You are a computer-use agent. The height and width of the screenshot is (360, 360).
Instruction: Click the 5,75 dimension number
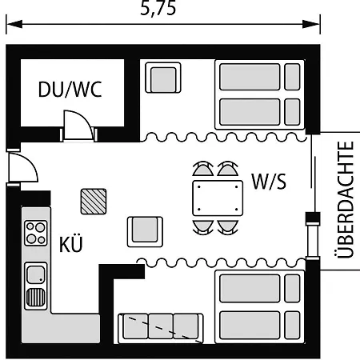158,9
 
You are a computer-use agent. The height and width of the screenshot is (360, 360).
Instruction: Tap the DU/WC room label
70,89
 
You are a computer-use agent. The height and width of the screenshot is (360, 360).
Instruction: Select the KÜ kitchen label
71,244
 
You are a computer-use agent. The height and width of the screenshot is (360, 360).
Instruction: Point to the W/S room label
269,182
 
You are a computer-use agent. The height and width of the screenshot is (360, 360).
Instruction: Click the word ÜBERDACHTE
346,200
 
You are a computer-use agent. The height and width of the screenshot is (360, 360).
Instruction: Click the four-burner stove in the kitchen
36,233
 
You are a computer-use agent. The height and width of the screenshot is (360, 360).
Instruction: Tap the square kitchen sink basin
36,274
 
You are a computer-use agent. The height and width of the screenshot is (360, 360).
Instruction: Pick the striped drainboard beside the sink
36,298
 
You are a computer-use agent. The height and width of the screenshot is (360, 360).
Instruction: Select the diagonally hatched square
94,202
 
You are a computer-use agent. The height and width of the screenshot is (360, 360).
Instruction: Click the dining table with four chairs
218,198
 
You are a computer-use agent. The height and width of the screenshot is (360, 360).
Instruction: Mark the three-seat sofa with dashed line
161,328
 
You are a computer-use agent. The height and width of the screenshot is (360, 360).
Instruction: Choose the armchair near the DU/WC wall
163,78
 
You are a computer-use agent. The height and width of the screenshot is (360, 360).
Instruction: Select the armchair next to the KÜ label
145,232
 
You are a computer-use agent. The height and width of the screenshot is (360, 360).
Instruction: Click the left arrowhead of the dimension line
14,24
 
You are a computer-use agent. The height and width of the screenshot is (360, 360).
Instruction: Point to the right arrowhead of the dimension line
311,24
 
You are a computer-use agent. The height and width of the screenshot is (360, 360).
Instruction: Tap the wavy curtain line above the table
223,137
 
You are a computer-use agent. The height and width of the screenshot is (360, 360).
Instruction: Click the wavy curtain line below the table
221,262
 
